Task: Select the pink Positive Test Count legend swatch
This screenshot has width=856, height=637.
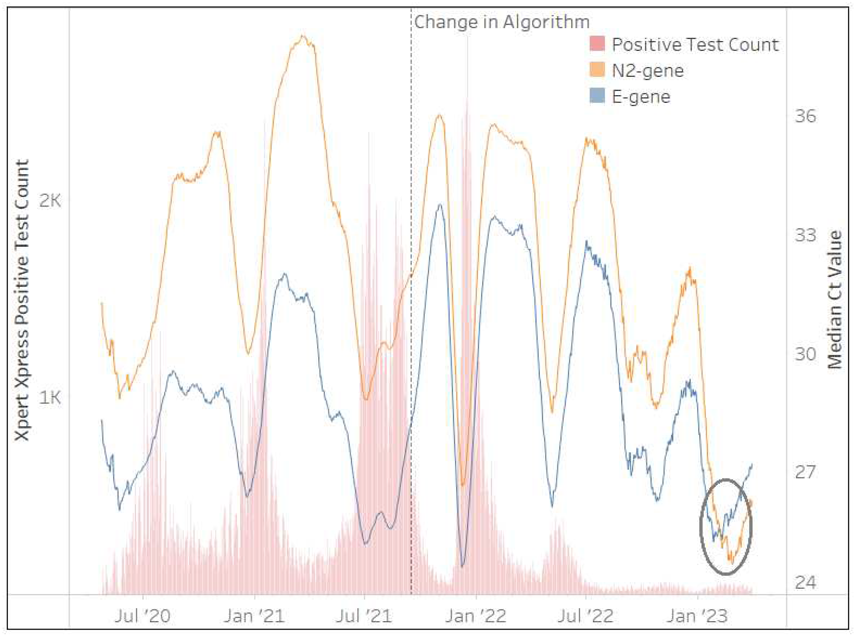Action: pos(597,44)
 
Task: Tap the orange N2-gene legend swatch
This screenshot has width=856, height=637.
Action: pos(597,70)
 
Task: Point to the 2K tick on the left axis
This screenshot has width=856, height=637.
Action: pos(50,200)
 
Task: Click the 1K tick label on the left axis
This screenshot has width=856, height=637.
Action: pos(50,397)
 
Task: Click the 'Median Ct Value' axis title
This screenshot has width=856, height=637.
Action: pos(835,300)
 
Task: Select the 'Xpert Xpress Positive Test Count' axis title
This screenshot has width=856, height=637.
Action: pos(22,300)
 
